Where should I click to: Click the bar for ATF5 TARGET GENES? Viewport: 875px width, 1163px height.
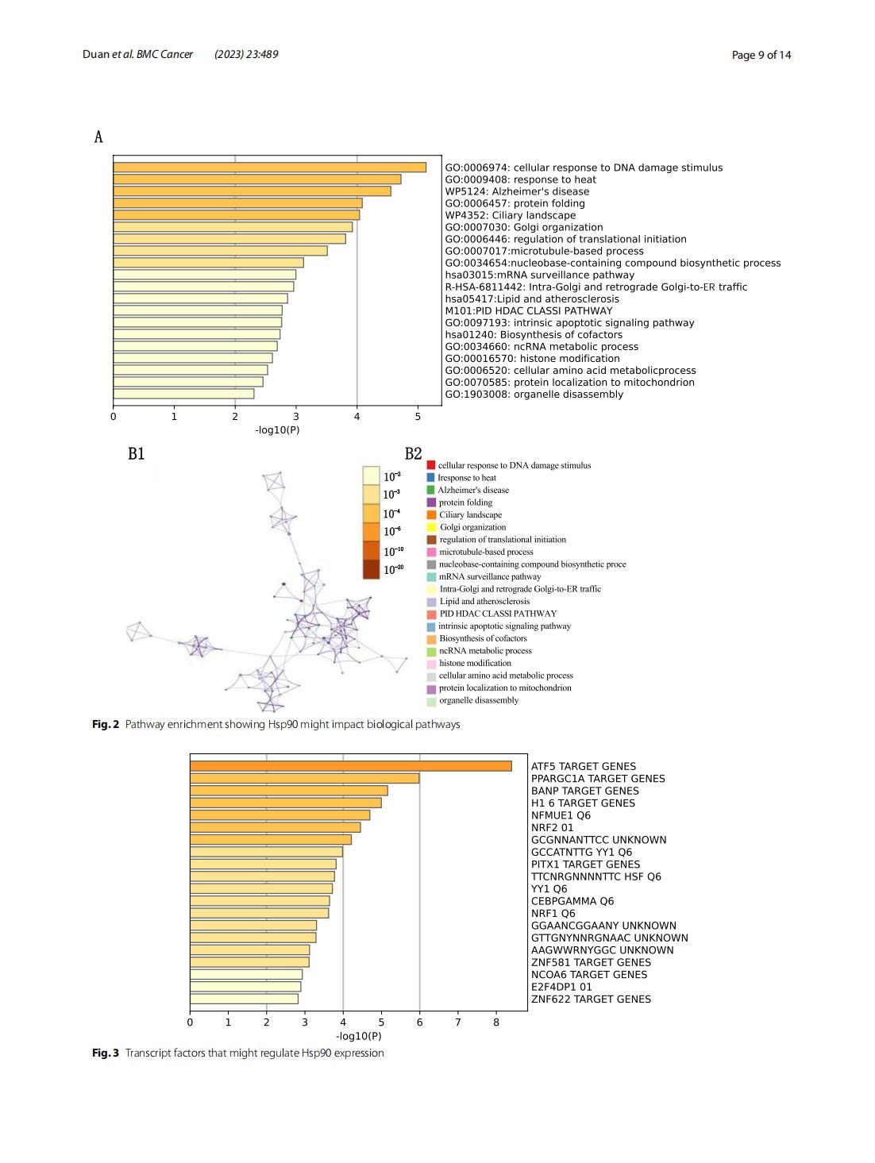[350, 766]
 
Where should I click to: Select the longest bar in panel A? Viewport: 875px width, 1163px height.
[269, 168]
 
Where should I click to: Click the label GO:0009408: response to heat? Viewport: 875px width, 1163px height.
[520, 179]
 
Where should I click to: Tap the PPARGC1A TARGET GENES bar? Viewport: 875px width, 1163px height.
[304, 779]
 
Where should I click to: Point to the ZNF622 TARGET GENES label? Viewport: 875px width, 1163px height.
[591, 999]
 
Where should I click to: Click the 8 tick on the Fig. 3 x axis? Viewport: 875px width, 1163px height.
[496, 1022]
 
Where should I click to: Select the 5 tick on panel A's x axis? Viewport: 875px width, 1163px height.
[418, 417]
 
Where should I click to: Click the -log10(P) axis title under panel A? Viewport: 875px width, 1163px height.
[277, 430]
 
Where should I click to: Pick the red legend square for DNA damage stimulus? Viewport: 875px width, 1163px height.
[431, 465]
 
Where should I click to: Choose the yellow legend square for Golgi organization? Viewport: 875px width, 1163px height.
[431, 527]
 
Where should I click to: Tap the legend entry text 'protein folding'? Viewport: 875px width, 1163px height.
[465, 503]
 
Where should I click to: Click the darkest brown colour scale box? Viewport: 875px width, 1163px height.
[371, 569]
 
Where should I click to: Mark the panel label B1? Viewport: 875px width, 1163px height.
[137, 454]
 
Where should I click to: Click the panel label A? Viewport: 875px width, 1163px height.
[98, 137]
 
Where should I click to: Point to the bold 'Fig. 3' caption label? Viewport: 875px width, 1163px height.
[106, 1053]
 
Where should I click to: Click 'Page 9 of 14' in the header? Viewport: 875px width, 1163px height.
[761, 55]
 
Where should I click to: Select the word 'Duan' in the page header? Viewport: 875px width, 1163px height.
[95, 55]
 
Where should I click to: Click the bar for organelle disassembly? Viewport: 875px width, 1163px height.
[183, 394]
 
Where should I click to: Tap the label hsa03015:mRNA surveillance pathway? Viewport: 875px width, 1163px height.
[539, 275]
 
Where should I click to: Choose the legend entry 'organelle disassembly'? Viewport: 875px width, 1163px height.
[478, 701]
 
